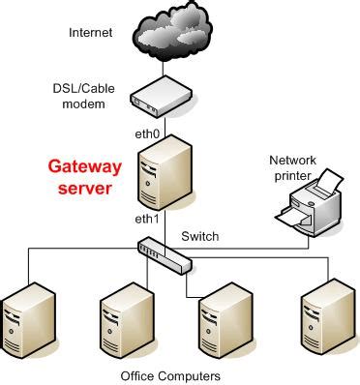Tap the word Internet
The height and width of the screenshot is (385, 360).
[x=90, y=33]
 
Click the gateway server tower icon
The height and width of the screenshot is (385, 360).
[x=165, y=170]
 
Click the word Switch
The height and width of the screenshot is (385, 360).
[x=200, y=236]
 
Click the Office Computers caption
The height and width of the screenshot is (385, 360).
[x=170, y=374]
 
